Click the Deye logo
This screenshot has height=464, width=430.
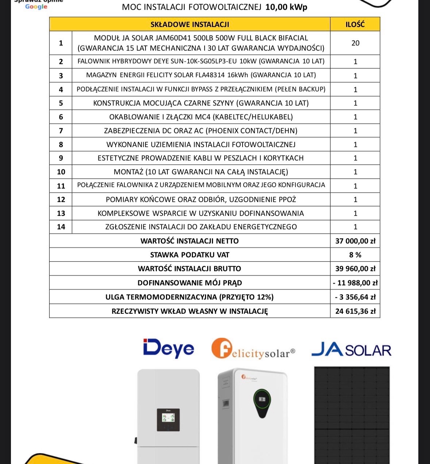(168, 348)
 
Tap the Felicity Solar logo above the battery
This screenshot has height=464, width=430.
(253, 349)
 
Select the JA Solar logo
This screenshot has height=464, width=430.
(351, 350)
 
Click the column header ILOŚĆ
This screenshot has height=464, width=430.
(355, 24)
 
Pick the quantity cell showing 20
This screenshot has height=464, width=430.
(355, 43)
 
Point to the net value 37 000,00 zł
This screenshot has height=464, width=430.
(355, 241)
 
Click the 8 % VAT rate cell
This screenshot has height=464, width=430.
(355, 255)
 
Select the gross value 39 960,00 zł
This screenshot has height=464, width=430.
(355, 269)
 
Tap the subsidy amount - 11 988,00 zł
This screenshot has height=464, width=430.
(355, 283)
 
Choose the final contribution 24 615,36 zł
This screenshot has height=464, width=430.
(355, 311)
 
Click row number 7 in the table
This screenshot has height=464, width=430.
(61, 131)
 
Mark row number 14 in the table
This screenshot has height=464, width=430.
(61, 227)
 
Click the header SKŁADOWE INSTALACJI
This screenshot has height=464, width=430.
(190, 24)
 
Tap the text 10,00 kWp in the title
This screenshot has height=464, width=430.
(286, 7)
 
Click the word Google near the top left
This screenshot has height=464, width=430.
(36, 7)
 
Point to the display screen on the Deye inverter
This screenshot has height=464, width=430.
(168, 420)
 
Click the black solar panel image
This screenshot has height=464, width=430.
(352, 415)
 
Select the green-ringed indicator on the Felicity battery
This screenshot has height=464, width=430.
(262, 399)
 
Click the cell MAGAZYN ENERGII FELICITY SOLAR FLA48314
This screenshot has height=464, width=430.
(201, 75)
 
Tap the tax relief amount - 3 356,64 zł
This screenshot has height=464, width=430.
(355, 297)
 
